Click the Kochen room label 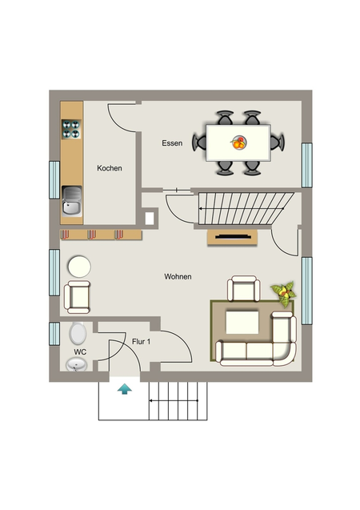pos(110,168)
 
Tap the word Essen pos(172,143)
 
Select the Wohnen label pos(178,276)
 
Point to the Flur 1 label pos(141,342)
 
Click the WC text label pos(80,352)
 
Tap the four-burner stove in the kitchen pos(71,129)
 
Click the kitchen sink pos(72,201)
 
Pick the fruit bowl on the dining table pos(239,143)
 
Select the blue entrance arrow pos(125,389)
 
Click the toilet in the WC pos(78,333)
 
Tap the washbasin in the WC pos(77,364)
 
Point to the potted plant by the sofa pos(284,294)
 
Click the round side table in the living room pos(79,267)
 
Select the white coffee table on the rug pos(242,323)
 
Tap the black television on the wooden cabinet pos(233,237)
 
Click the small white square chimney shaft pos(150,219)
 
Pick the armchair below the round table pos(78,297)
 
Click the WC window pos(54,334)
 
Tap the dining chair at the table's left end pos(199,143)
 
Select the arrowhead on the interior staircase pos(201,208)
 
